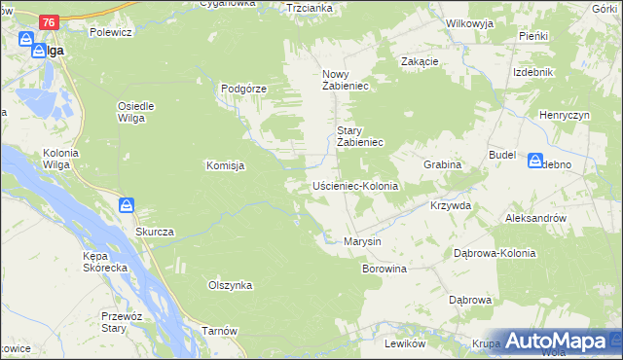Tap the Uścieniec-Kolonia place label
tap(355, 185)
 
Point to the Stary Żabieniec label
tap(361, 136)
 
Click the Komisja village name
tap(225, 165)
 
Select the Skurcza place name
tap(155, 232)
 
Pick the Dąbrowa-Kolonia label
tap(495, 252)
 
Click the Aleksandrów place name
tap(535, 219)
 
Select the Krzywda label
tap(451, 206)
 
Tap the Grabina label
tap(442, 164)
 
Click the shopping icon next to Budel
tap(536, 160)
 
